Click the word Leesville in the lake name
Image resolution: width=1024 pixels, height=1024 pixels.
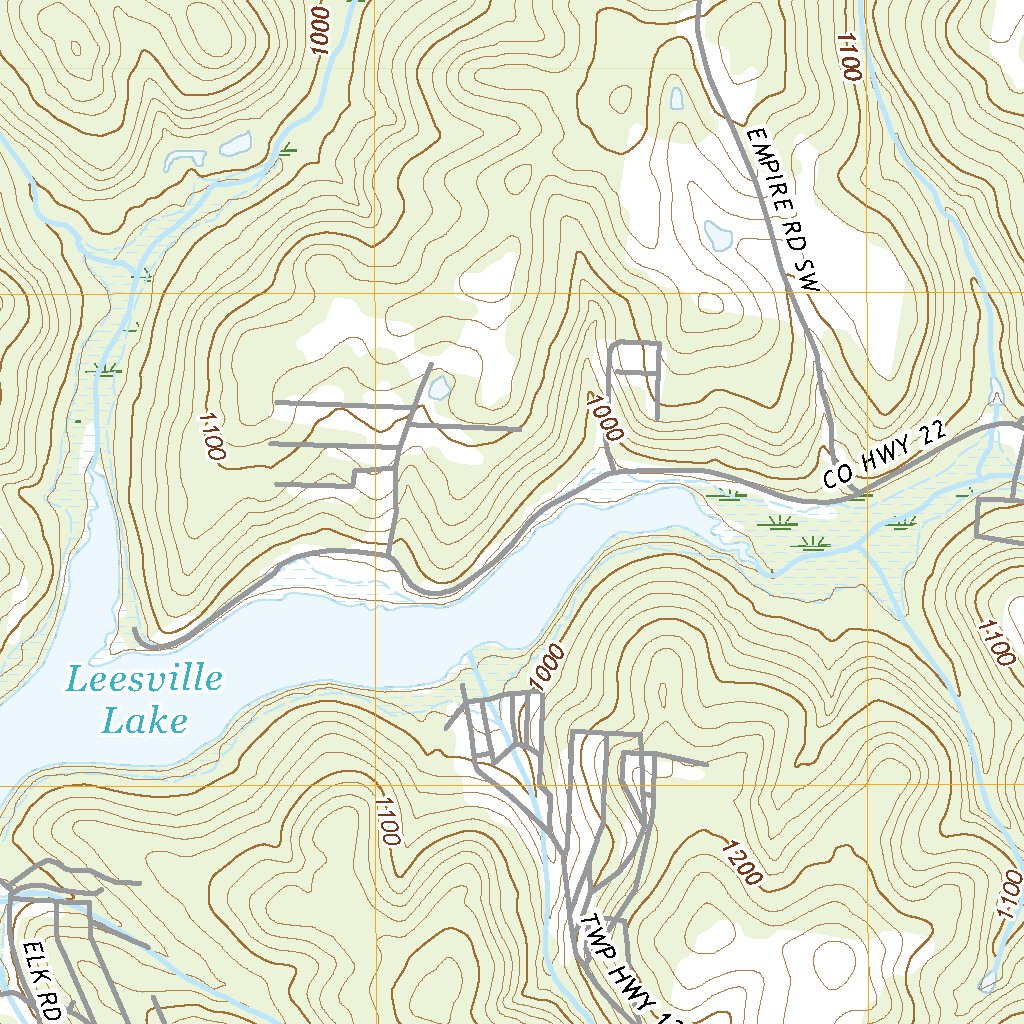(x=144, y=681)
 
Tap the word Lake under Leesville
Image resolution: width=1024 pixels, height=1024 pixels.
(x=146, y=720)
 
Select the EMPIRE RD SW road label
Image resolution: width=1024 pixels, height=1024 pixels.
(x=782, y=210)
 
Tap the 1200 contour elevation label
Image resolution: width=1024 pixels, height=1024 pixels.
(x=742, y=860)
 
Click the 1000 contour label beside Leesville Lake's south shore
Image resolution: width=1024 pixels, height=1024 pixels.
(x=548, y=667)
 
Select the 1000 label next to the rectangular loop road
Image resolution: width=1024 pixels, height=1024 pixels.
(x=606, y=418)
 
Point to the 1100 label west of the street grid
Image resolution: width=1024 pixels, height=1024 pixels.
(x=212, y=436)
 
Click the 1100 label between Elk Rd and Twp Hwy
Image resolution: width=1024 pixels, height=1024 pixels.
(x=386, y=820)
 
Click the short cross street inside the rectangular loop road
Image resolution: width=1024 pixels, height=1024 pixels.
(x=636, y=373)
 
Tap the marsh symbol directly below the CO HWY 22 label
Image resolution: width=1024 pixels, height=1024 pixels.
(x=860, y=494)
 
